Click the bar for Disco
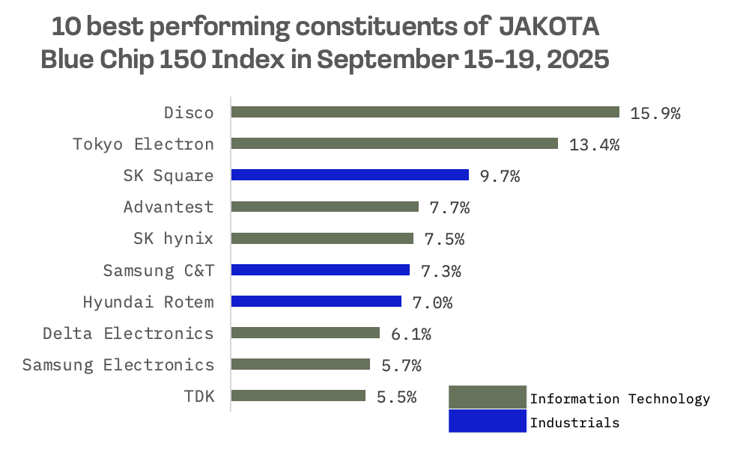[425, 112]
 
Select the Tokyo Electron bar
[395, 144]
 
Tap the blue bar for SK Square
[350, 175]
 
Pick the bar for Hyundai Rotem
[316, 302]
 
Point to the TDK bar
[298, 396]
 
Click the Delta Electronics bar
[306, 333]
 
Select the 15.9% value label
[655, 114]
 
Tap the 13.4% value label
[594, 145]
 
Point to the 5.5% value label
[396, 397]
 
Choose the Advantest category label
[169, 207]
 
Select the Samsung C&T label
[159, 270]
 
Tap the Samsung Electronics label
[118, 365]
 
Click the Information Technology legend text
[620, 399]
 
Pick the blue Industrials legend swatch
[487, 421]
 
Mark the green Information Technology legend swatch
[487, 397]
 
